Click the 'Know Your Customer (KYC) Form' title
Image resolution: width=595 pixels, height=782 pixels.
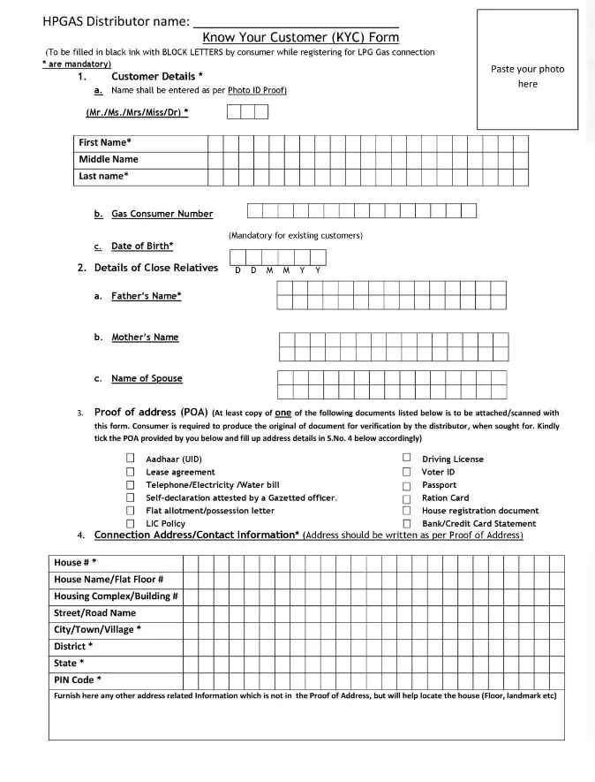pos(300,37)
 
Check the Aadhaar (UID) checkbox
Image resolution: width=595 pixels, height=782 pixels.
pos(130,459)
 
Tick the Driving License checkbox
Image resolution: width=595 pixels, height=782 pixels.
pos(407,458)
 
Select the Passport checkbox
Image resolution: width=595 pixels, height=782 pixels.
pos(407,485)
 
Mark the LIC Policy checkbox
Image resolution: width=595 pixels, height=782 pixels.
pos(130,523)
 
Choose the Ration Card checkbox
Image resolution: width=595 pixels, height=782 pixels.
pos(407,497)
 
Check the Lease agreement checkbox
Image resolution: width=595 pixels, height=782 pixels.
pos(130,472)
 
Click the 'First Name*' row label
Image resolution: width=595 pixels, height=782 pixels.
pos(105,142)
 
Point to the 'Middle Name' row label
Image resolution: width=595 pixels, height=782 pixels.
pos(109,159)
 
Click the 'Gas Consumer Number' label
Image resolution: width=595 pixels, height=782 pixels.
pos(162,214)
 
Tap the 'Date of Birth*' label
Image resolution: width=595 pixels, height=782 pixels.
pos(141,246)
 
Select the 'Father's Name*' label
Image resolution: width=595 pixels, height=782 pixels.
pos(146,296)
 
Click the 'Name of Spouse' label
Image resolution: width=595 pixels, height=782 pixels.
pos(147,378)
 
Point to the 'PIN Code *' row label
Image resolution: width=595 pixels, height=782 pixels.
pos(78,680)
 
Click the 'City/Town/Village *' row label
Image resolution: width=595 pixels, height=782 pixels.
pos(97,629)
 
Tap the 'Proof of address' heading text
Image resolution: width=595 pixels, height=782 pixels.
pos(150,412)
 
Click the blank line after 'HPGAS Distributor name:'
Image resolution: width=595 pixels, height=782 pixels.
pos(295,20)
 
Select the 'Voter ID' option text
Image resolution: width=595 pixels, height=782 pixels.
pos(438,472)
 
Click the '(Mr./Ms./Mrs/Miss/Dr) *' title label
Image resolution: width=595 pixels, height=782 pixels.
pos(137,112)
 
